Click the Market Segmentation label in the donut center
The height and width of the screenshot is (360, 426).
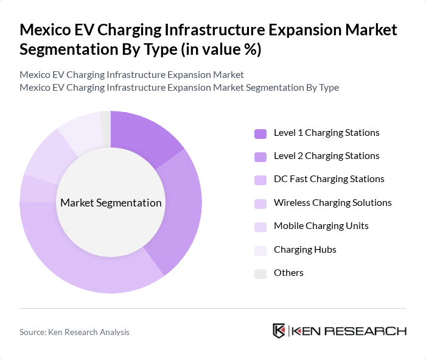pos(111,203)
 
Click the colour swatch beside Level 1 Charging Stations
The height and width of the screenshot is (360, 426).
pos(260,133)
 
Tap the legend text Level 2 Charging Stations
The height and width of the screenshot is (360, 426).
pos(326,156)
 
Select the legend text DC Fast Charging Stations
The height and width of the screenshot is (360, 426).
pos(329,179)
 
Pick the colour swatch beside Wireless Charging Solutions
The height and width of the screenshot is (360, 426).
pos(260,203)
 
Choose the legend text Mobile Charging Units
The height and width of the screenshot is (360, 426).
pos(321,226)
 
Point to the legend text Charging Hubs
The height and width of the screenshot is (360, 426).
pos(305,250)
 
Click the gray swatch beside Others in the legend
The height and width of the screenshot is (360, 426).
pos(260,274)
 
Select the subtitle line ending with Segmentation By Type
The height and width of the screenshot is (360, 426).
pos(179,88)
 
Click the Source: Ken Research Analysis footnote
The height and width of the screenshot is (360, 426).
pos(74,332)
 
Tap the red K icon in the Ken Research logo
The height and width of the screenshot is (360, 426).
pos(279,331)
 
